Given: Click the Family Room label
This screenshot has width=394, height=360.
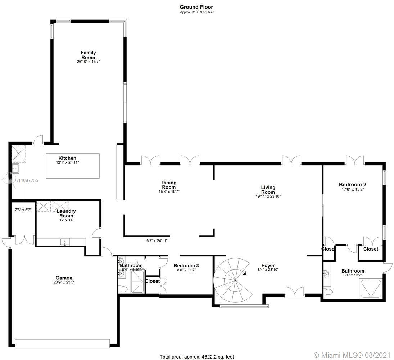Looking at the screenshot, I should point(88,55).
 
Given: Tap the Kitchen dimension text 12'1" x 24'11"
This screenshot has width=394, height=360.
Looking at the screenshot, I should point(67,163).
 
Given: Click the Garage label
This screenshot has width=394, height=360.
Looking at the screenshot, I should point(64,278).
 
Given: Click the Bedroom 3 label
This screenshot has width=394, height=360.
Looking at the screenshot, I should point(186,266).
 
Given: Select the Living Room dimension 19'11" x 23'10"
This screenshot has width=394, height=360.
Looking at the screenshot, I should point(268,197).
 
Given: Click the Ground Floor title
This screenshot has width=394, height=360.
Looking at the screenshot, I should point(196,7).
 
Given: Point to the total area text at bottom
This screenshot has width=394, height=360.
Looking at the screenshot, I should point(197,357).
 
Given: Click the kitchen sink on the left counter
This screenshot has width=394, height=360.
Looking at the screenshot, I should point(15,168).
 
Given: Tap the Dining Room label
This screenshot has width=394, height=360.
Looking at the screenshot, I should point(169,185).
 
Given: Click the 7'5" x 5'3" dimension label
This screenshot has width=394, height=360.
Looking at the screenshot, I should point(23,209).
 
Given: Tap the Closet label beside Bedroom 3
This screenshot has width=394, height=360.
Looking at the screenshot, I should point(152,281).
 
